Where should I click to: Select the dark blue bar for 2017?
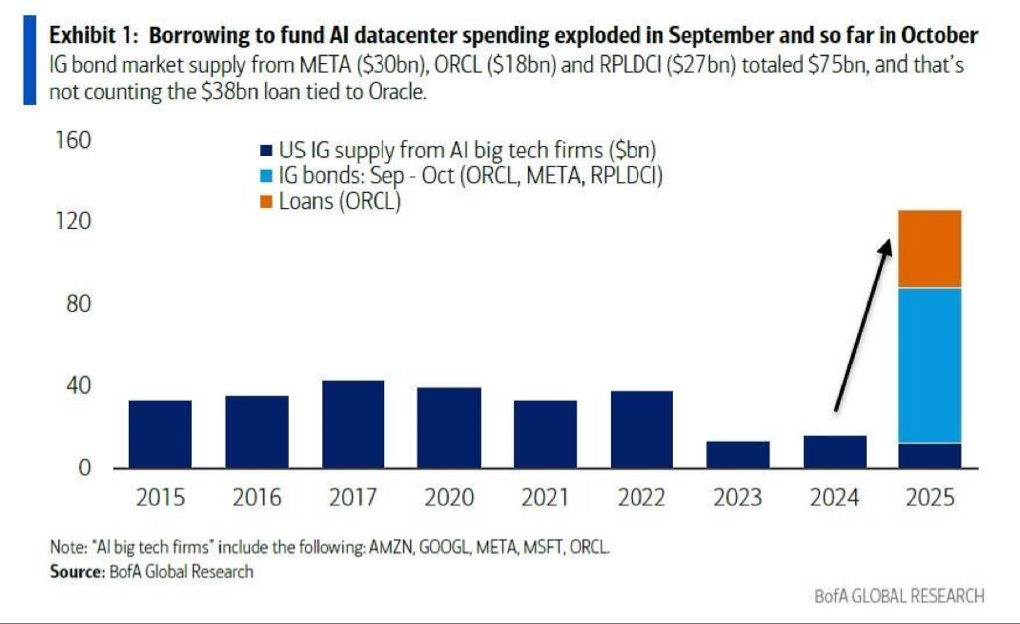click(x=354, y=424)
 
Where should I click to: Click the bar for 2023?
click(x=738, y=455)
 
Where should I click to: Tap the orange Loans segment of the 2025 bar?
click(x=929, y=248)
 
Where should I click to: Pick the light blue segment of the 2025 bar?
click(x=929, y=365)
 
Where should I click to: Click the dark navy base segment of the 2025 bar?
click(x=929, y=456)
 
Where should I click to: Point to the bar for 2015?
click(x=160, y=434)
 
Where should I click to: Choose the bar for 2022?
click(x=641, y=430)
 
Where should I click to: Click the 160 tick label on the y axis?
click(x=73, y=140)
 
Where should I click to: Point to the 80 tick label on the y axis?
click(x=78, y=304)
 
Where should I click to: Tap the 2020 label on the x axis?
click(x=449, y=497)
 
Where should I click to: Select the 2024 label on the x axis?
click(x=834, y=497)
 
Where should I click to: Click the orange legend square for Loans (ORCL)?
click(x=265, y=202)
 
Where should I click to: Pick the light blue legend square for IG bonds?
click(x=265, y=176)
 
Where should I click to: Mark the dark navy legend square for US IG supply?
click(x=265, y=151)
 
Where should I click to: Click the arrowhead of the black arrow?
click(x=886, y=248)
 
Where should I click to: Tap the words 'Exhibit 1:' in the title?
click(x=94, y=35)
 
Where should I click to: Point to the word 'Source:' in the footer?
click(x=77, y=571)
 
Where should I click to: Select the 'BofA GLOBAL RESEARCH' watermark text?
click(x=899, y=596)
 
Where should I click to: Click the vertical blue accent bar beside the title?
click(x=29, y=60)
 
